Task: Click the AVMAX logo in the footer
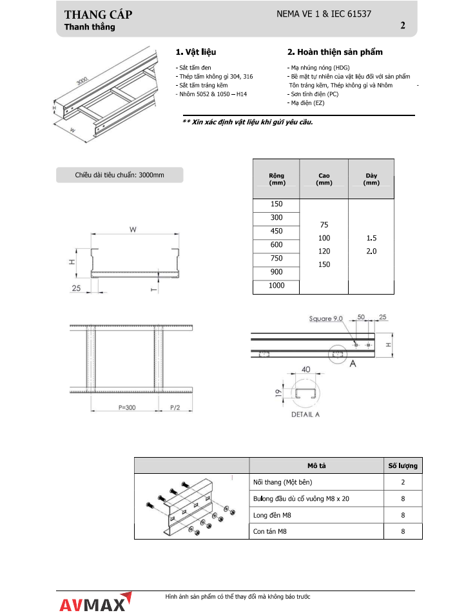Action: (x=95, y=603)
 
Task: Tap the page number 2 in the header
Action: (x=403, y=26)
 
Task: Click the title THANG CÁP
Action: (x=99, y=15)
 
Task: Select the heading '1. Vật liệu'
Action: (x=196, y=52)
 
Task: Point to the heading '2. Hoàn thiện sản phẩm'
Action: (x=335, y=52)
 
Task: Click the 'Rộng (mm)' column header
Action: (x=276, y=179)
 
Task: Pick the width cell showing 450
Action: (x=276, y=231)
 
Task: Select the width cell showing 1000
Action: (x=276, y=286)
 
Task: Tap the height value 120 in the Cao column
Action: (x=324, y=251)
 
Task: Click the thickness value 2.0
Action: (x=371, y=251)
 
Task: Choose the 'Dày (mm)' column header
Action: (x=371, y=179)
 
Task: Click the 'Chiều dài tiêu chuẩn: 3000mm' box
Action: (x=120, y=175)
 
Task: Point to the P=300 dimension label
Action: (x=127, y=407)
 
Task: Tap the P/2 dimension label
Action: (x=175, y=407)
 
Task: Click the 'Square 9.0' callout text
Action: (x=326, y=319)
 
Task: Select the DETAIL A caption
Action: (x=305, y=415)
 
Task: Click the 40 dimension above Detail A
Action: (x=306, y=369)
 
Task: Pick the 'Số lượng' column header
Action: (x=403, y=465)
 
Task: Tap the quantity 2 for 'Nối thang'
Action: (x=403, y=482)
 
